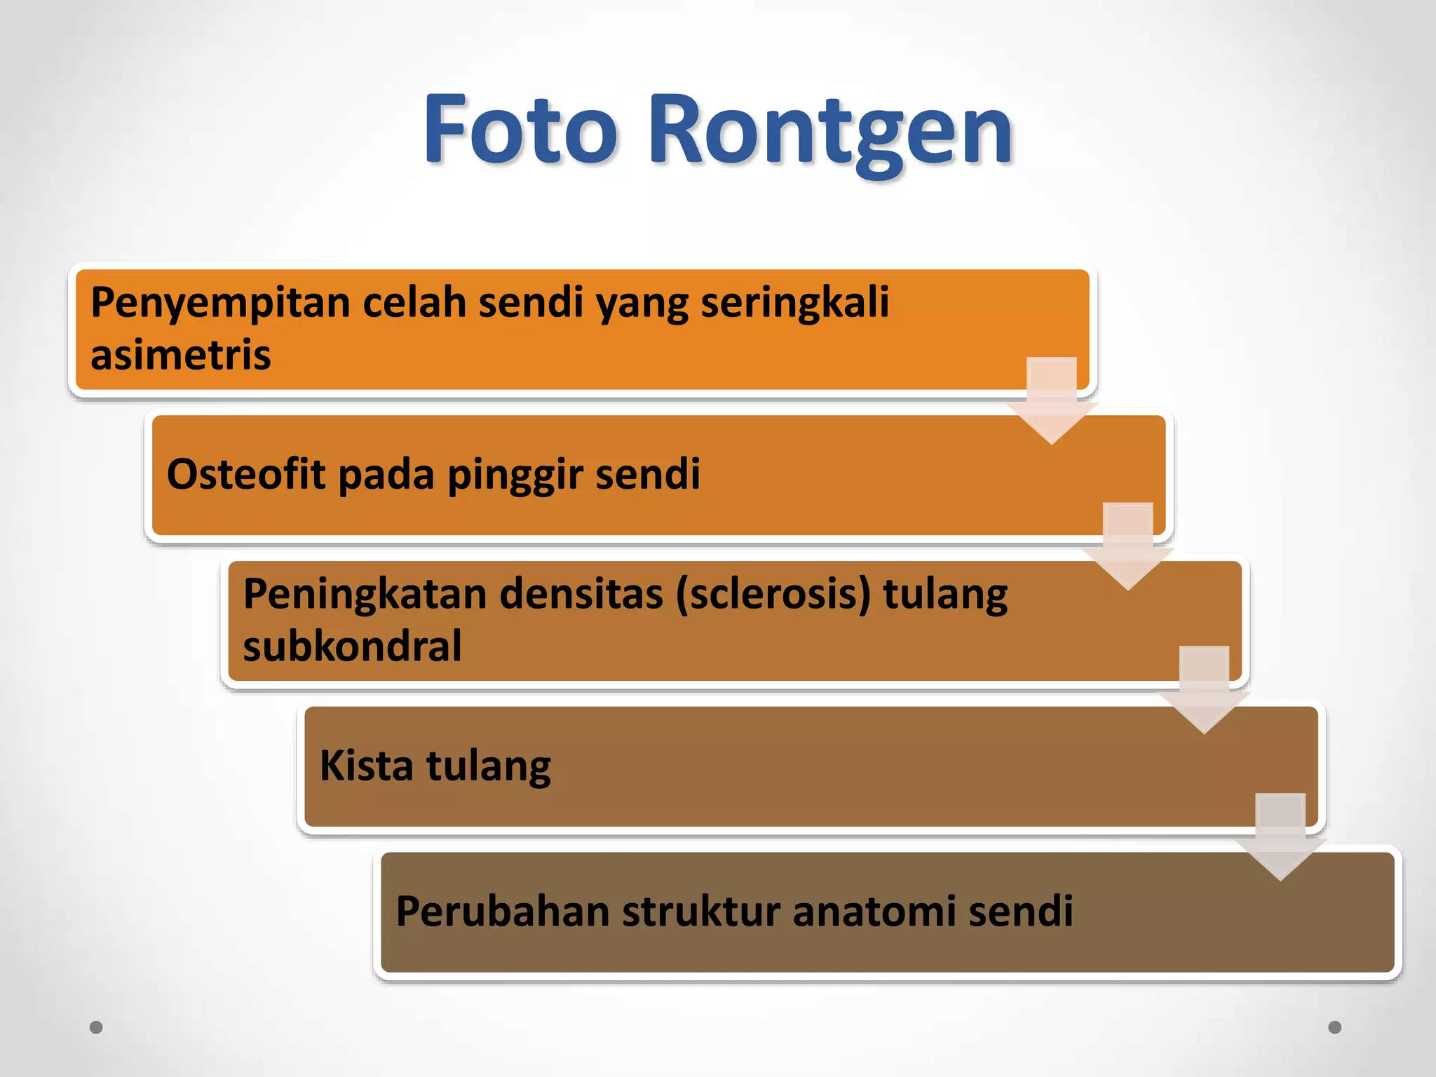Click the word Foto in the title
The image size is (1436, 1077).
(x=520, y=130)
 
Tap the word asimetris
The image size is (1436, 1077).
(x=181, y=355)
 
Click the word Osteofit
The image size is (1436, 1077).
(x=246, y=474)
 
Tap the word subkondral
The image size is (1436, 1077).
(x=352, y=646)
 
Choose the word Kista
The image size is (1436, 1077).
(x=367, y=765)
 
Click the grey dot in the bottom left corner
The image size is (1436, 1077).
(x=97, y=1027)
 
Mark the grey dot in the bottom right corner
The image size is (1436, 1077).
(x=1335, y=1027)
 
